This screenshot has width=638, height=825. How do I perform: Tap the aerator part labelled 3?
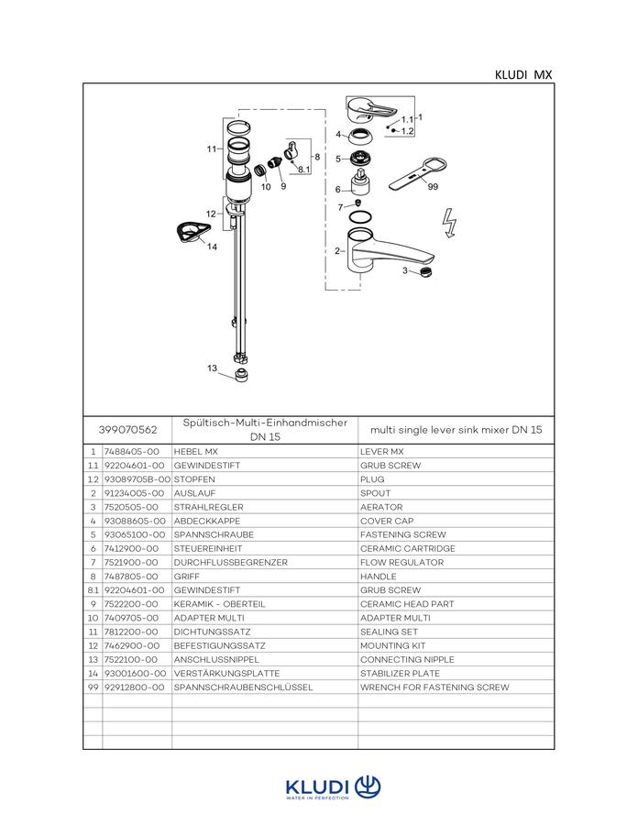426,272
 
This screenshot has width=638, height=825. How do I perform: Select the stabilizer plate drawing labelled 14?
193,232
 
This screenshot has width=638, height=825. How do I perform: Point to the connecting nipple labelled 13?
241,376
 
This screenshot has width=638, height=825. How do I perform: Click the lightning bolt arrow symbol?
449,223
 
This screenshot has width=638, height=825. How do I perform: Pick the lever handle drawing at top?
371,109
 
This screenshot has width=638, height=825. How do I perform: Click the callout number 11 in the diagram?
212,149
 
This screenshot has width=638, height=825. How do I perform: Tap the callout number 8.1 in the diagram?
304,170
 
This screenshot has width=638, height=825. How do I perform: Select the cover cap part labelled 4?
361,137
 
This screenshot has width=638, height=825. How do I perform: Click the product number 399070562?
127,430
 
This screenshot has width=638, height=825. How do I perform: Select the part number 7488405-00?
131,452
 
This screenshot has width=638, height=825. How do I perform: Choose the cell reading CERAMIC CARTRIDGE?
408,548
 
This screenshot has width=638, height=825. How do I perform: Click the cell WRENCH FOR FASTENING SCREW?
434,687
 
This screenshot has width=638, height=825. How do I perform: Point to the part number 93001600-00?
135,674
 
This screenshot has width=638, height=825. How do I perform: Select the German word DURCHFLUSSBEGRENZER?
231,563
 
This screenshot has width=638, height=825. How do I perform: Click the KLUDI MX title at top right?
523,75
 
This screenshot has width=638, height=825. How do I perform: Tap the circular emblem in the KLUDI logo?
368,787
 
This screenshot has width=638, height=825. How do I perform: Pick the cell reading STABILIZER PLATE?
401,674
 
